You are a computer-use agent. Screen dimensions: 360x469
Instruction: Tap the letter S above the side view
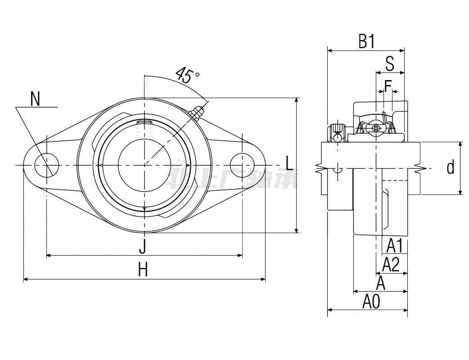pos(390,64)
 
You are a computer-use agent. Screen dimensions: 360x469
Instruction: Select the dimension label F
pos(388,85)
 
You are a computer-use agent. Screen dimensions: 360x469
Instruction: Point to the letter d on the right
pos(450,168)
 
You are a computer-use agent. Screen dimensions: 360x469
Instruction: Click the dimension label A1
pos(395,246)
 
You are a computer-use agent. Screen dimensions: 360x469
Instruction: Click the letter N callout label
pos(35,99)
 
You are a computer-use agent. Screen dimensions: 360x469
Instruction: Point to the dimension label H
pos(143,270)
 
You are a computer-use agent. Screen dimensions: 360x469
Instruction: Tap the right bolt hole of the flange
pos(242,165)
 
